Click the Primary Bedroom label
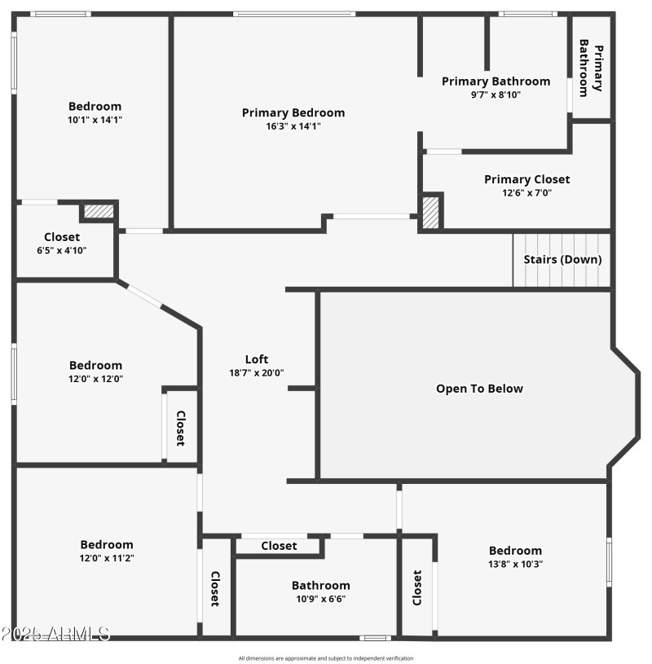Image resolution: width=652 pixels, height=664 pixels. [x=293, y=112]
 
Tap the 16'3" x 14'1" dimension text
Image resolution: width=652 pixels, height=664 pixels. [x=293, y=126]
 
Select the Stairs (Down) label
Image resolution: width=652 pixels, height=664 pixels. [x=562, y=259]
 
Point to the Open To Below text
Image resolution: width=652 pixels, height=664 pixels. [x=479, y=389]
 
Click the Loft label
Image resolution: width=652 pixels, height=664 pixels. [x=257, y=358]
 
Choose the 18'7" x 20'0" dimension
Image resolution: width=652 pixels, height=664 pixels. [x=257, y=372]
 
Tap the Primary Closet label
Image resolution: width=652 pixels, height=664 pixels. [x=526, y=179]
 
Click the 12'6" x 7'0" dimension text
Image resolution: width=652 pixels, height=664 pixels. [x=526, y=193]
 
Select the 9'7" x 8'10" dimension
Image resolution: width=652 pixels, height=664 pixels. [x=496, y=95]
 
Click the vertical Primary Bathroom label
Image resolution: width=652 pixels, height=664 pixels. [x=591, y=68]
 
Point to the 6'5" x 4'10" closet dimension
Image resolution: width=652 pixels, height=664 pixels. [x=62, y=250]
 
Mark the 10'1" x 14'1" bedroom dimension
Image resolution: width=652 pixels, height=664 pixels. [x=95, y=120]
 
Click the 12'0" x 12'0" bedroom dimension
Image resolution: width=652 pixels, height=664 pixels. [x=95, y=379]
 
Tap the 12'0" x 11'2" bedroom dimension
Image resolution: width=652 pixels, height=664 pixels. [x=106, y=558]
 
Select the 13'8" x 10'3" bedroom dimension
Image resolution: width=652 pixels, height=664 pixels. [x=515, y=564]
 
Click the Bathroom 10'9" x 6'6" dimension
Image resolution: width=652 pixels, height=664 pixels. [x=320, y=599]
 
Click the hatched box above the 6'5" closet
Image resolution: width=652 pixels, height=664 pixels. [x=99, y=211]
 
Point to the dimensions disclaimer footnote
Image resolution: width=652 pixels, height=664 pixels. [x=326, y=658]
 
